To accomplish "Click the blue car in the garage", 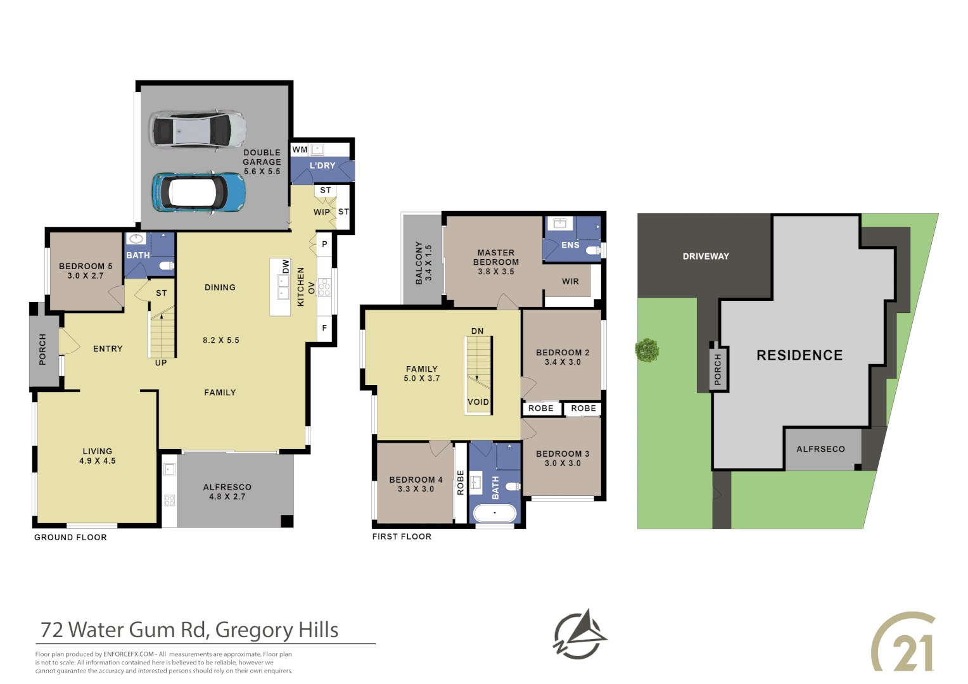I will tap(198, 192).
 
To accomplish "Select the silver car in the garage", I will tap(197, 130).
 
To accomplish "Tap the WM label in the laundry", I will tap(300, 150).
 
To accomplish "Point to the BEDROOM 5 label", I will tap(86, 267).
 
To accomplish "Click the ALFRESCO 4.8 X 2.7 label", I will tap(227, 491).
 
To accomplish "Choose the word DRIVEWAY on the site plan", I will tap(706, 256).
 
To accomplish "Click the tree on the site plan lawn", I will tap(647, 350).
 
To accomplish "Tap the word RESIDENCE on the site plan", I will tap(799, 355).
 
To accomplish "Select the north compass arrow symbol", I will tap(580, 635).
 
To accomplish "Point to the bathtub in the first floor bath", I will tap(495, 512).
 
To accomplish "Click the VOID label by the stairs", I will tap(478, 402).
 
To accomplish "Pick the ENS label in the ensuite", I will tap(570, 245).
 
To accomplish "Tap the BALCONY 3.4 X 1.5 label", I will tap(423, 263).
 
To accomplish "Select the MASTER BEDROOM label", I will tap(496, 257).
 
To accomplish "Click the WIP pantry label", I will tap(322, 212).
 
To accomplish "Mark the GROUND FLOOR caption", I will tap(70, 537).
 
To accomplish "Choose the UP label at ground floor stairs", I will tap(161, 363).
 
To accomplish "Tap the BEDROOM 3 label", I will tap(563, 454).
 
